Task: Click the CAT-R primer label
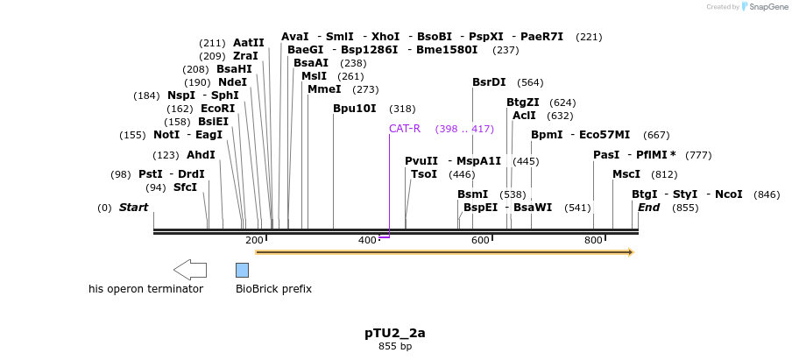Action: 405,129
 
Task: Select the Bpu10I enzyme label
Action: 354,109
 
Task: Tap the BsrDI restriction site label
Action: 489,82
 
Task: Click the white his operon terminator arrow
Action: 189,269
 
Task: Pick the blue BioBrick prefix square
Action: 242,269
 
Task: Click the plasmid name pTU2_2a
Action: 395,333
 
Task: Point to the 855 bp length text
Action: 395,347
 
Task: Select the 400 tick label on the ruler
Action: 367,240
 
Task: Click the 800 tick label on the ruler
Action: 593,240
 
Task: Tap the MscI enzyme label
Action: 626,174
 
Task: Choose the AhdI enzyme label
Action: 201,155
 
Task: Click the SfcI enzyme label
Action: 185,187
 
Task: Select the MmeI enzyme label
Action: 324,88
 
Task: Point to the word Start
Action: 134,208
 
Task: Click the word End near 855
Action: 649,208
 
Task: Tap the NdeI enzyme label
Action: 233,82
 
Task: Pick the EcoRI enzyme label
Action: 218,109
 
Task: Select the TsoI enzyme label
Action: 424,174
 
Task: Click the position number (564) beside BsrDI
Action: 530,82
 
